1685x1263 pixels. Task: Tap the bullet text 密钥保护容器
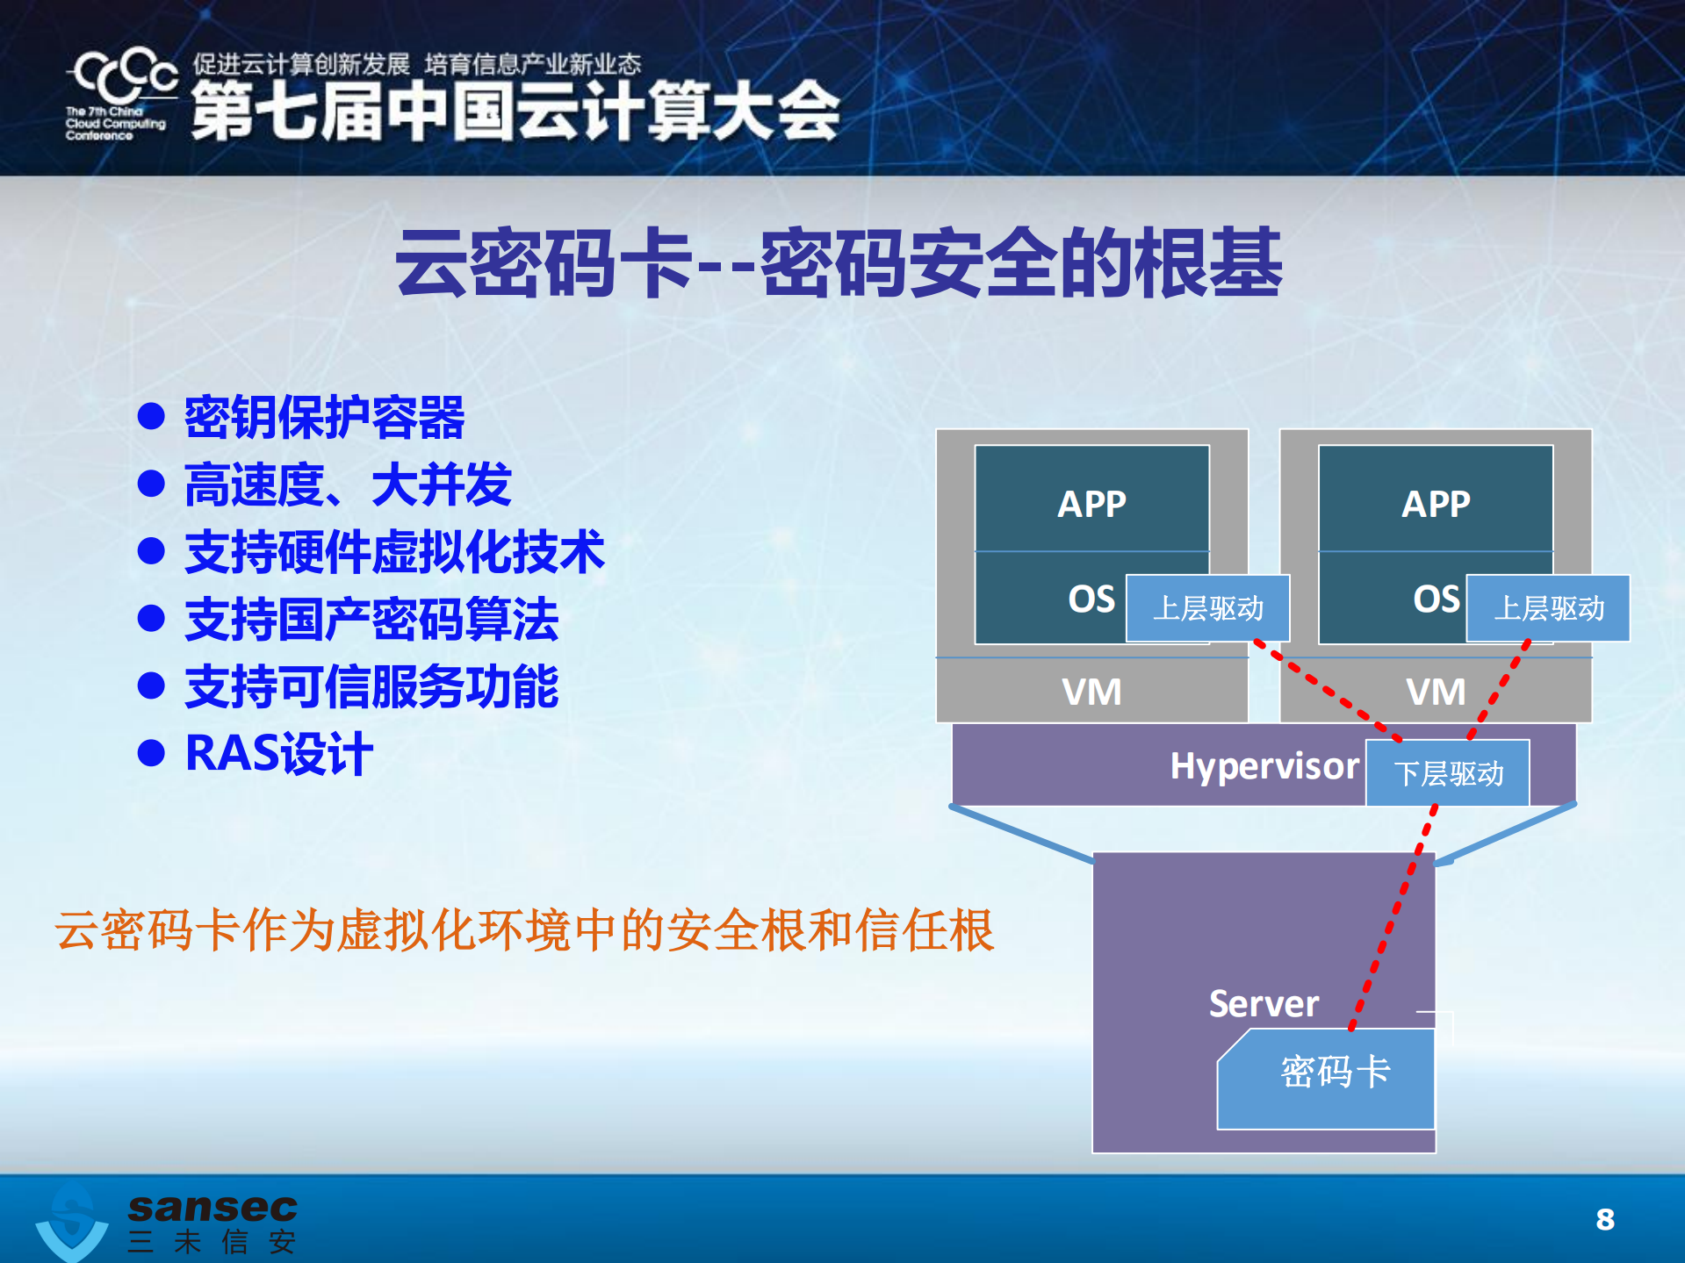pos(324,417)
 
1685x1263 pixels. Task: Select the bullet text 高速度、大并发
pos(348,484)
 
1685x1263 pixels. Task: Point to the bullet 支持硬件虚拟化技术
pos(394,552)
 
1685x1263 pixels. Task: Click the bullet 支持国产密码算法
pos(371,620)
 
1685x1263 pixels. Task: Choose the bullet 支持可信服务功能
pos(371,686)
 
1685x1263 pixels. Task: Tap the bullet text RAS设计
pos(279,754)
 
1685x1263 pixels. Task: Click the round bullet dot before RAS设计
pos(152,754)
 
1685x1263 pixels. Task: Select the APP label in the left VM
pos(1091,504)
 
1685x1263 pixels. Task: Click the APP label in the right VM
pos(1436,504)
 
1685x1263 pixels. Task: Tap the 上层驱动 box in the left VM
pos(1207,608)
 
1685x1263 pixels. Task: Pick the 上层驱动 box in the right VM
pos(1549,608)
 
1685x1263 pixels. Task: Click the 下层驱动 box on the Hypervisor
pos(1448,773)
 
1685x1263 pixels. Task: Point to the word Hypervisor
pos(1264,766)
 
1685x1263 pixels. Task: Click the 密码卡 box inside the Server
pos(1334,1073)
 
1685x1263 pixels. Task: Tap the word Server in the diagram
pos(1264,1003)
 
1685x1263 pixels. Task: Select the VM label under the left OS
pos(1091,692)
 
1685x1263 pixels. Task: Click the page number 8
pos(1605,1219)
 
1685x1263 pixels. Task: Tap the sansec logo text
pos(212,1208)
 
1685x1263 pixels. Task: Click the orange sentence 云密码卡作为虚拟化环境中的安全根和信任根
pos(524,930)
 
